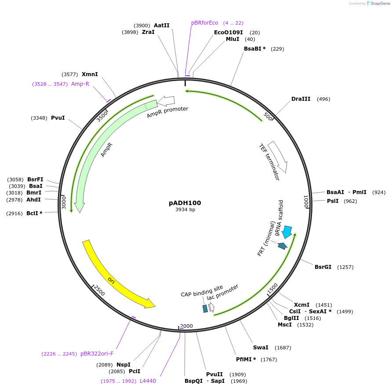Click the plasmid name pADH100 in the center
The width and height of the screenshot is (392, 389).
pyautogui.click(x=185, y=203)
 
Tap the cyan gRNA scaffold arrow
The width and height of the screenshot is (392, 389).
pyautogui.click(x=287, y=231)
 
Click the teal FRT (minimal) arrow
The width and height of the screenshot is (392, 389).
pyautogui.click(x=282, y=246)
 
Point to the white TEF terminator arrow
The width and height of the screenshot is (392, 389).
pyautogui.click(x=278, y=157)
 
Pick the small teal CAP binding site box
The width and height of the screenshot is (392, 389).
pyautogui.click(x=205, y=308)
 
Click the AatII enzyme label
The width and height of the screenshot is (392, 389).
pyautogui.click(x=161, y=26)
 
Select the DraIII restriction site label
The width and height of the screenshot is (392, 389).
pyautogui.click(x=301, y=99)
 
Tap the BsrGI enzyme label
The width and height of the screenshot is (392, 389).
pyautogui.click(x=323, y=267)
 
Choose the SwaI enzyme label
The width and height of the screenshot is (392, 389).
pyautogui.click(x=261, y=348)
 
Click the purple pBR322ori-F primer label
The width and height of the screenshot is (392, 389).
pyautogui.click(x=97, y=353)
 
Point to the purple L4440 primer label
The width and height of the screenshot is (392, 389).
pyautogui.click(x=148, y=381)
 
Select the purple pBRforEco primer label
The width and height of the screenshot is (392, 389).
pyautogui.click(x=204, y=23)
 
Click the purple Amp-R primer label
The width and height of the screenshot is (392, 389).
pyautogui.click(x=80, y=84)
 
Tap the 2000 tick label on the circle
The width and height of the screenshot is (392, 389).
pyautogui.click(x=186, y=326)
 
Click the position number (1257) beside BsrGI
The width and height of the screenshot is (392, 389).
pyautogui.click(x=345, y=267)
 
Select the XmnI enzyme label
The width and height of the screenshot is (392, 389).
pyautogui.click(x=90, y=74)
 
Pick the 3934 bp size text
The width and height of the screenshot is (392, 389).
pyautogui.click(x=185, y=210)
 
